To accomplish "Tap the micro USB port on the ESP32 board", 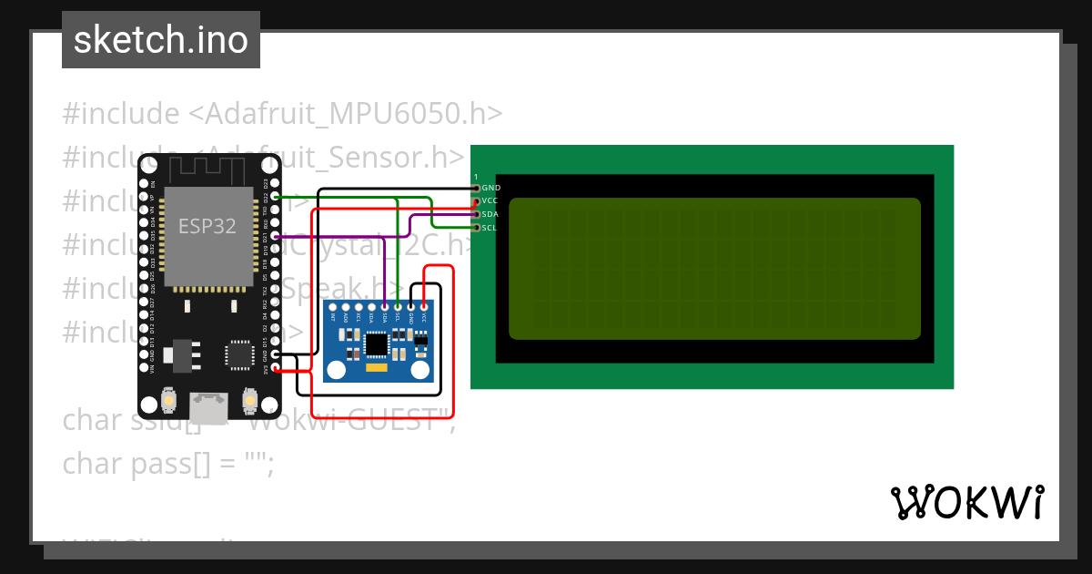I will (x=210, y=407).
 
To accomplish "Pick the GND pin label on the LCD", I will (x=490, y=188).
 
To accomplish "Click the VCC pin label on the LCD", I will (x=490, y=200).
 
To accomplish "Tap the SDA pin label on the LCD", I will (x=490, y=214).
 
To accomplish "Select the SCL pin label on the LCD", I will (x=490, y=228).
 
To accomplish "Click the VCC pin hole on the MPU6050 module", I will (x=424, y=308).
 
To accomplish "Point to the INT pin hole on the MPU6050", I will (x=333, y=308).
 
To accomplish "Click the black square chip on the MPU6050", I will (x=375, y=343).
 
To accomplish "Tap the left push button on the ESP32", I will (x=169, y=399).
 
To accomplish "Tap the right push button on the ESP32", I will (x=249, y=399).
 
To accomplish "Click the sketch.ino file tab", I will (x=161, y=40).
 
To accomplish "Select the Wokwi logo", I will (x=966, y=502).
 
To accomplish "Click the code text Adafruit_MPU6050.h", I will (x=346, y=114).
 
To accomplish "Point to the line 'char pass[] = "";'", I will (x=167, y=464).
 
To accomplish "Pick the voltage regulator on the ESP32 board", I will (x=183, y=354).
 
